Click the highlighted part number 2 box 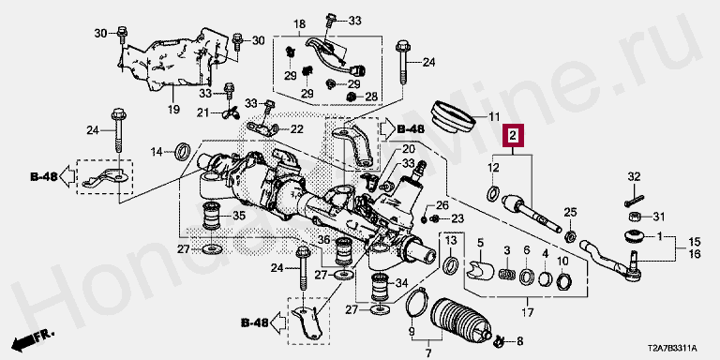tap(513, 135)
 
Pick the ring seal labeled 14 tap(184, 151)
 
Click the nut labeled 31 tap(634, 217)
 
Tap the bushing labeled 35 tap(212, 216)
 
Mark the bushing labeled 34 tap(380, 286)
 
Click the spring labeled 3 tap(506, 274)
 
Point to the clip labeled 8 tap(499, 340)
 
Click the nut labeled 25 tap(570, 236)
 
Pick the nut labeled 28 tap(352, 97)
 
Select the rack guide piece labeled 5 tap(479, 270)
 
